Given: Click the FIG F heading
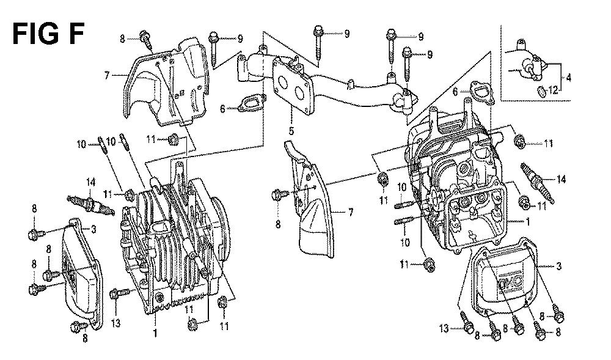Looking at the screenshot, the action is tap(48, 34).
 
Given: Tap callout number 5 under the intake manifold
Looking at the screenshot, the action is tap(291, 131).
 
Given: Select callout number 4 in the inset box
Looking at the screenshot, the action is tap(568, 78).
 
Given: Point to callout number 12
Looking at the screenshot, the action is tap(554, 90).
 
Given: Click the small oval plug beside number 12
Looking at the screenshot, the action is tap(541, 91).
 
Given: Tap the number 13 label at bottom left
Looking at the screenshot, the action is tap(115, 323).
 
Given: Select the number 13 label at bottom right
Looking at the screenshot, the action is tap(444, 329).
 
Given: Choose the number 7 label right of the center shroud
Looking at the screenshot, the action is tap(350, 212).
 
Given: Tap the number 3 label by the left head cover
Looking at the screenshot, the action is tap(93, 229).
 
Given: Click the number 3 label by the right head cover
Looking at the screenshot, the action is tap(559, 266).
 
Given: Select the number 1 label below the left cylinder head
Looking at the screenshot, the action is tap(155, 333).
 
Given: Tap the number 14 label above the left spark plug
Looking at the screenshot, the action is tap(91, 182).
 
